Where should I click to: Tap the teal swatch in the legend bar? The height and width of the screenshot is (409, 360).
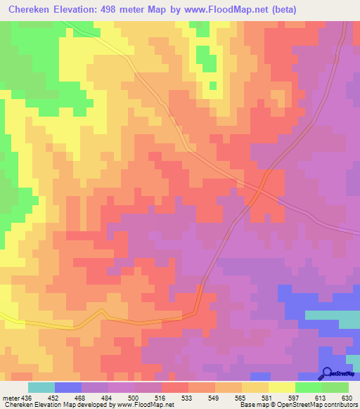point(41,387)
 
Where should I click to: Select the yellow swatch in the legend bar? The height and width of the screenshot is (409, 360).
point(282,387)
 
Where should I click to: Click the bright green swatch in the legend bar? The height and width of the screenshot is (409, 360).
point(309,387)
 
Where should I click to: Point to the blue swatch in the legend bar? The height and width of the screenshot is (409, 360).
point(68,387)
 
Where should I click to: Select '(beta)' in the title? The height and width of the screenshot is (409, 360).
point(281,10)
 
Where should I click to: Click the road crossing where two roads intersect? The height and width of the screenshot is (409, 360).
point(260,189)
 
